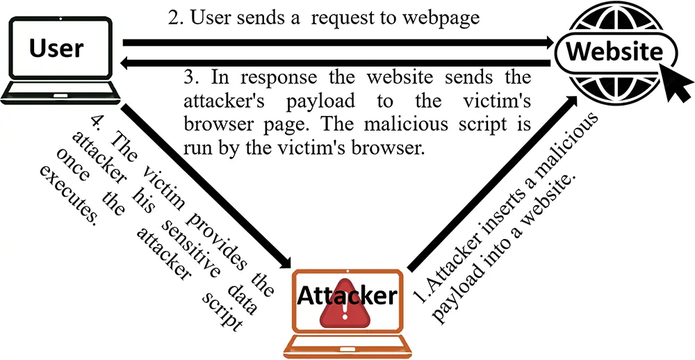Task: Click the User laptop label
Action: [56, 48]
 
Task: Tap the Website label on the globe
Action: [615, 52]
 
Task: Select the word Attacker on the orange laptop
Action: [347, 296]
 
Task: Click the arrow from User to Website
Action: [338, 42]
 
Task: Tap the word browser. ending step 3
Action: [384, 148]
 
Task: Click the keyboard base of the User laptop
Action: [60, 92]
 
